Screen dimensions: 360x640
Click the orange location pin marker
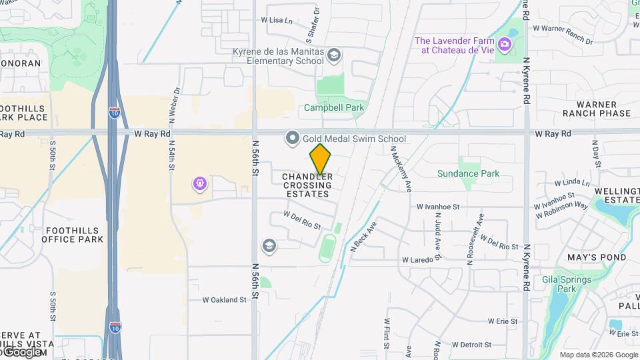click(320, 160)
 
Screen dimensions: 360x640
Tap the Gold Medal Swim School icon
click(292, 139)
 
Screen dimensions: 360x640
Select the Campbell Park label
click(334, 107)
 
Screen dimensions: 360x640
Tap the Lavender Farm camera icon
click(505, 45)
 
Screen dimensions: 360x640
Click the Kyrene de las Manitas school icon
click(334, 55)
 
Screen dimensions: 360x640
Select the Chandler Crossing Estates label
click(307, 185)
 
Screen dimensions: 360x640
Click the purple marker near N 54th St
click(199, 183)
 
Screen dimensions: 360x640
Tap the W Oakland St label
click(224, 300)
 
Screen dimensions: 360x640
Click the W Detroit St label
click(470, 345)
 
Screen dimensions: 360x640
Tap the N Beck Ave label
click(363, 237)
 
